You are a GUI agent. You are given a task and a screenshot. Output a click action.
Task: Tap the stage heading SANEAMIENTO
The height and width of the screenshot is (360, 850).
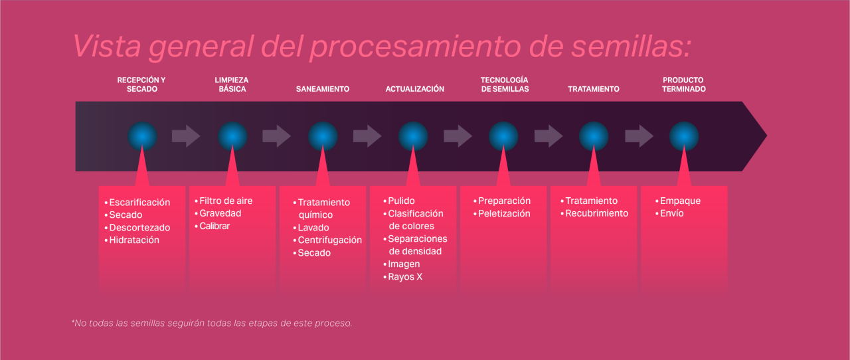coord(323,89)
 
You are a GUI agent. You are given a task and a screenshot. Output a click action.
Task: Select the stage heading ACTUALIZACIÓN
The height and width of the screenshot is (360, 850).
coord(415,89)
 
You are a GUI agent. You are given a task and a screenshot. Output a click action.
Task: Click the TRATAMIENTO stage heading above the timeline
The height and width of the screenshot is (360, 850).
coord(594,89)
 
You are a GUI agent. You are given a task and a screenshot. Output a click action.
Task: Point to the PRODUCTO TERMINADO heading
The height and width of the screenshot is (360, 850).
coord(684,84)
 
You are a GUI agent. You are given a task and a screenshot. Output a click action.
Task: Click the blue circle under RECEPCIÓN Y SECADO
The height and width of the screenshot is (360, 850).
coord(143,136)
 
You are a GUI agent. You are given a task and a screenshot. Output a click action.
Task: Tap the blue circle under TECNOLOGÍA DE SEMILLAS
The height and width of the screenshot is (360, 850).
coord(503,136)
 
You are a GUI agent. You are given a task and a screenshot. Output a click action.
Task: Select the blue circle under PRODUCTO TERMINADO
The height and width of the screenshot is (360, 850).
coord(684,136)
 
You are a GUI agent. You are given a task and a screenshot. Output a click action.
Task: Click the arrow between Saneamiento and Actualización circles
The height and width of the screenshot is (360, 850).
coord(367,136)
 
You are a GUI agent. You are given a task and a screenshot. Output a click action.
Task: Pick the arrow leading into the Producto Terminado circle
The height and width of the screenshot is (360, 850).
coord(639,136)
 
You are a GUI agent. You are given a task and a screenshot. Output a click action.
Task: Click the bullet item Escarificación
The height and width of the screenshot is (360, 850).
coord(139,203)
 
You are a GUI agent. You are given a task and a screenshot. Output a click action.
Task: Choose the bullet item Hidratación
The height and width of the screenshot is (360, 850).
coord(134,240)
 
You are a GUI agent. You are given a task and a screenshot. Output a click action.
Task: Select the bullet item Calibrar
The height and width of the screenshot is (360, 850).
coord(214,226)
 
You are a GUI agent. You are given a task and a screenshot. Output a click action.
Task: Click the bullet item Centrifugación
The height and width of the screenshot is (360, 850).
coord(329,240)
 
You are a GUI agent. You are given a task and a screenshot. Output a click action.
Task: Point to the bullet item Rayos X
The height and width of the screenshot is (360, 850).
coord(405,277)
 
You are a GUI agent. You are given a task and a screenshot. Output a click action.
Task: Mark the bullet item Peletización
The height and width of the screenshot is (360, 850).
coord(504,214)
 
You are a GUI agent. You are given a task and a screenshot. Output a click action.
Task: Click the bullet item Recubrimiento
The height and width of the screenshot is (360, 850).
coord(596,214)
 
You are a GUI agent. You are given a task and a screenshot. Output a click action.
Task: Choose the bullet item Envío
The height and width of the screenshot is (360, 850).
coord(671,214)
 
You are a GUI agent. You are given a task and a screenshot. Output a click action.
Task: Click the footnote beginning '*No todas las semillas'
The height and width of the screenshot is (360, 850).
coord(211,323)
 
